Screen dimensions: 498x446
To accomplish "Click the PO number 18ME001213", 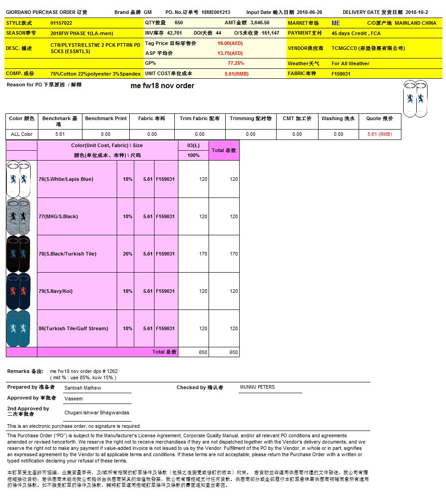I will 216,13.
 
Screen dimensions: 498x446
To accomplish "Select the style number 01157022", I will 61,23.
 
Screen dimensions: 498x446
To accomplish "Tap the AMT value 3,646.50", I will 260,22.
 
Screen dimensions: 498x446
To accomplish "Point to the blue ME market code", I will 336,23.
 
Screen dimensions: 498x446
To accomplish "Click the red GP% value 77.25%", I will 236,63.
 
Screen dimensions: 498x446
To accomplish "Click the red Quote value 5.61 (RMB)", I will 379,134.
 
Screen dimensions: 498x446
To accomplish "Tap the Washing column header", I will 338,119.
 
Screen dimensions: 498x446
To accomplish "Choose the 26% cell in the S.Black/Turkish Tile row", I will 127,254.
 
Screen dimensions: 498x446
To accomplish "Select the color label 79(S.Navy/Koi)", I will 55,291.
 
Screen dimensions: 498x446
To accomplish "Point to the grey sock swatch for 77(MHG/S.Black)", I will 18,216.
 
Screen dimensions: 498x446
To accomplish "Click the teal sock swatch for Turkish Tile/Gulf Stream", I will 18,328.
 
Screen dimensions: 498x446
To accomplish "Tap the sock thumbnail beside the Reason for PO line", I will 415,99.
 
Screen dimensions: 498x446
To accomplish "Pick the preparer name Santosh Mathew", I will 83,388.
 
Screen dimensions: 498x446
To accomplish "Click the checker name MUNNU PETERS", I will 257,387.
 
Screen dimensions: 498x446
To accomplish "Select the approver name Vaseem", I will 73,399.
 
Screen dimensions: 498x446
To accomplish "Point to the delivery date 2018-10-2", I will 417,13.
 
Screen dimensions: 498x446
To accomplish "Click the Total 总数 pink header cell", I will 224,150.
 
